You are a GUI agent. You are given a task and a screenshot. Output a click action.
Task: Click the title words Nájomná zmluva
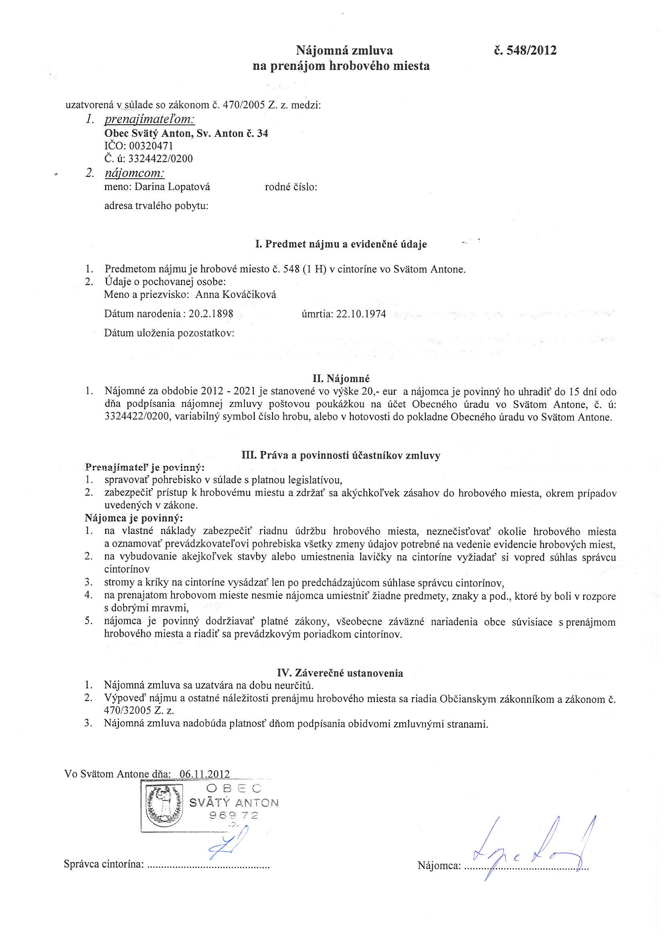pyautogui.click(x=344, y=51)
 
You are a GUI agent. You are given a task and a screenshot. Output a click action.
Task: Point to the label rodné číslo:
pyautogui.click(x=291, y=187)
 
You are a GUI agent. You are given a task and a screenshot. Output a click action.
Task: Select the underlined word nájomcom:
pyautogui.click(x=134, y=174)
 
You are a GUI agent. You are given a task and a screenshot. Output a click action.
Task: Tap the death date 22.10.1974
pyautogui.click(x=361, y=314)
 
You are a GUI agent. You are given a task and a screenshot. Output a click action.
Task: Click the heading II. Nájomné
pyautogui.click(x=344, y=377)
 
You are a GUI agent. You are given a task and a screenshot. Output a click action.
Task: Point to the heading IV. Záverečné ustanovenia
pyautogui.click(x=340, y=673)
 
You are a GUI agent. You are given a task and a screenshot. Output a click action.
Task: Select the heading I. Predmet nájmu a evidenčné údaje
pyautogui.click(x=340, y=245)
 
